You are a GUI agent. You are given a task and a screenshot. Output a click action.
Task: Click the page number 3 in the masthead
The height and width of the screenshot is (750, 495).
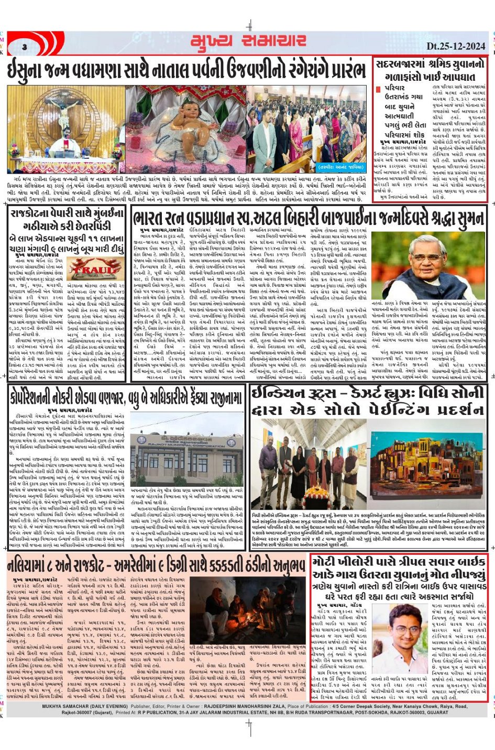click(25, 48)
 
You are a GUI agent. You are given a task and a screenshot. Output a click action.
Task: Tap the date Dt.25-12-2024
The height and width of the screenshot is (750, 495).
click(456, 46)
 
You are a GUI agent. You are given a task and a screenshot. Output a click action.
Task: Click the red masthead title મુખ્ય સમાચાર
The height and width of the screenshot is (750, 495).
click(248, 41)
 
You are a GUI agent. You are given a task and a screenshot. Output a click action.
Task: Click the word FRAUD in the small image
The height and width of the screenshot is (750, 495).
click(88, 269)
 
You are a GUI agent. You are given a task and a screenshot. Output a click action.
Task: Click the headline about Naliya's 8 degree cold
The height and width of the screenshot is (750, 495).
click(156, 565)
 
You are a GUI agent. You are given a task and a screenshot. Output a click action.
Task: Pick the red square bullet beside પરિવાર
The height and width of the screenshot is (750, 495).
click(378, 89)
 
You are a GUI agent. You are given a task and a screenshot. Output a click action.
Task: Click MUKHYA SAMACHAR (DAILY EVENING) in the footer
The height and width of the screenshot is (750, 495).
click(85, 706)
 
